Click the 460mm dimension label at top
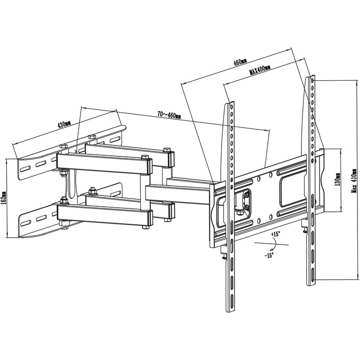[240, 62]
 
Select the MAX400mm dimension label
[260, 70]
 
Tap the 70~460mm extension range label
[169, 115]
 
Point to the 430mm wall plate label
[64, 124]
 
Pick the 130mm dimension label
[337, 179]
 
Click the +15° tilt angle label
[276, 235]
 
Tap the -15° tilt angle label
[269, 255]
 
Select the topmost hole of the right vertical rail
[313, 81]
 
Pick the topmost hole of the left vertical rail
[231, 107]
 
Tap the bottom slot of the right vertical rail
[313, 274]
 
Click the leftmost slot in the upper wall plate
[25, 169]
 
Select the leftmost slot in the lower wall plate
[26, 223]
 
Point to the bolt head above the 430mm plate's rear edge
[92, 136]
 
